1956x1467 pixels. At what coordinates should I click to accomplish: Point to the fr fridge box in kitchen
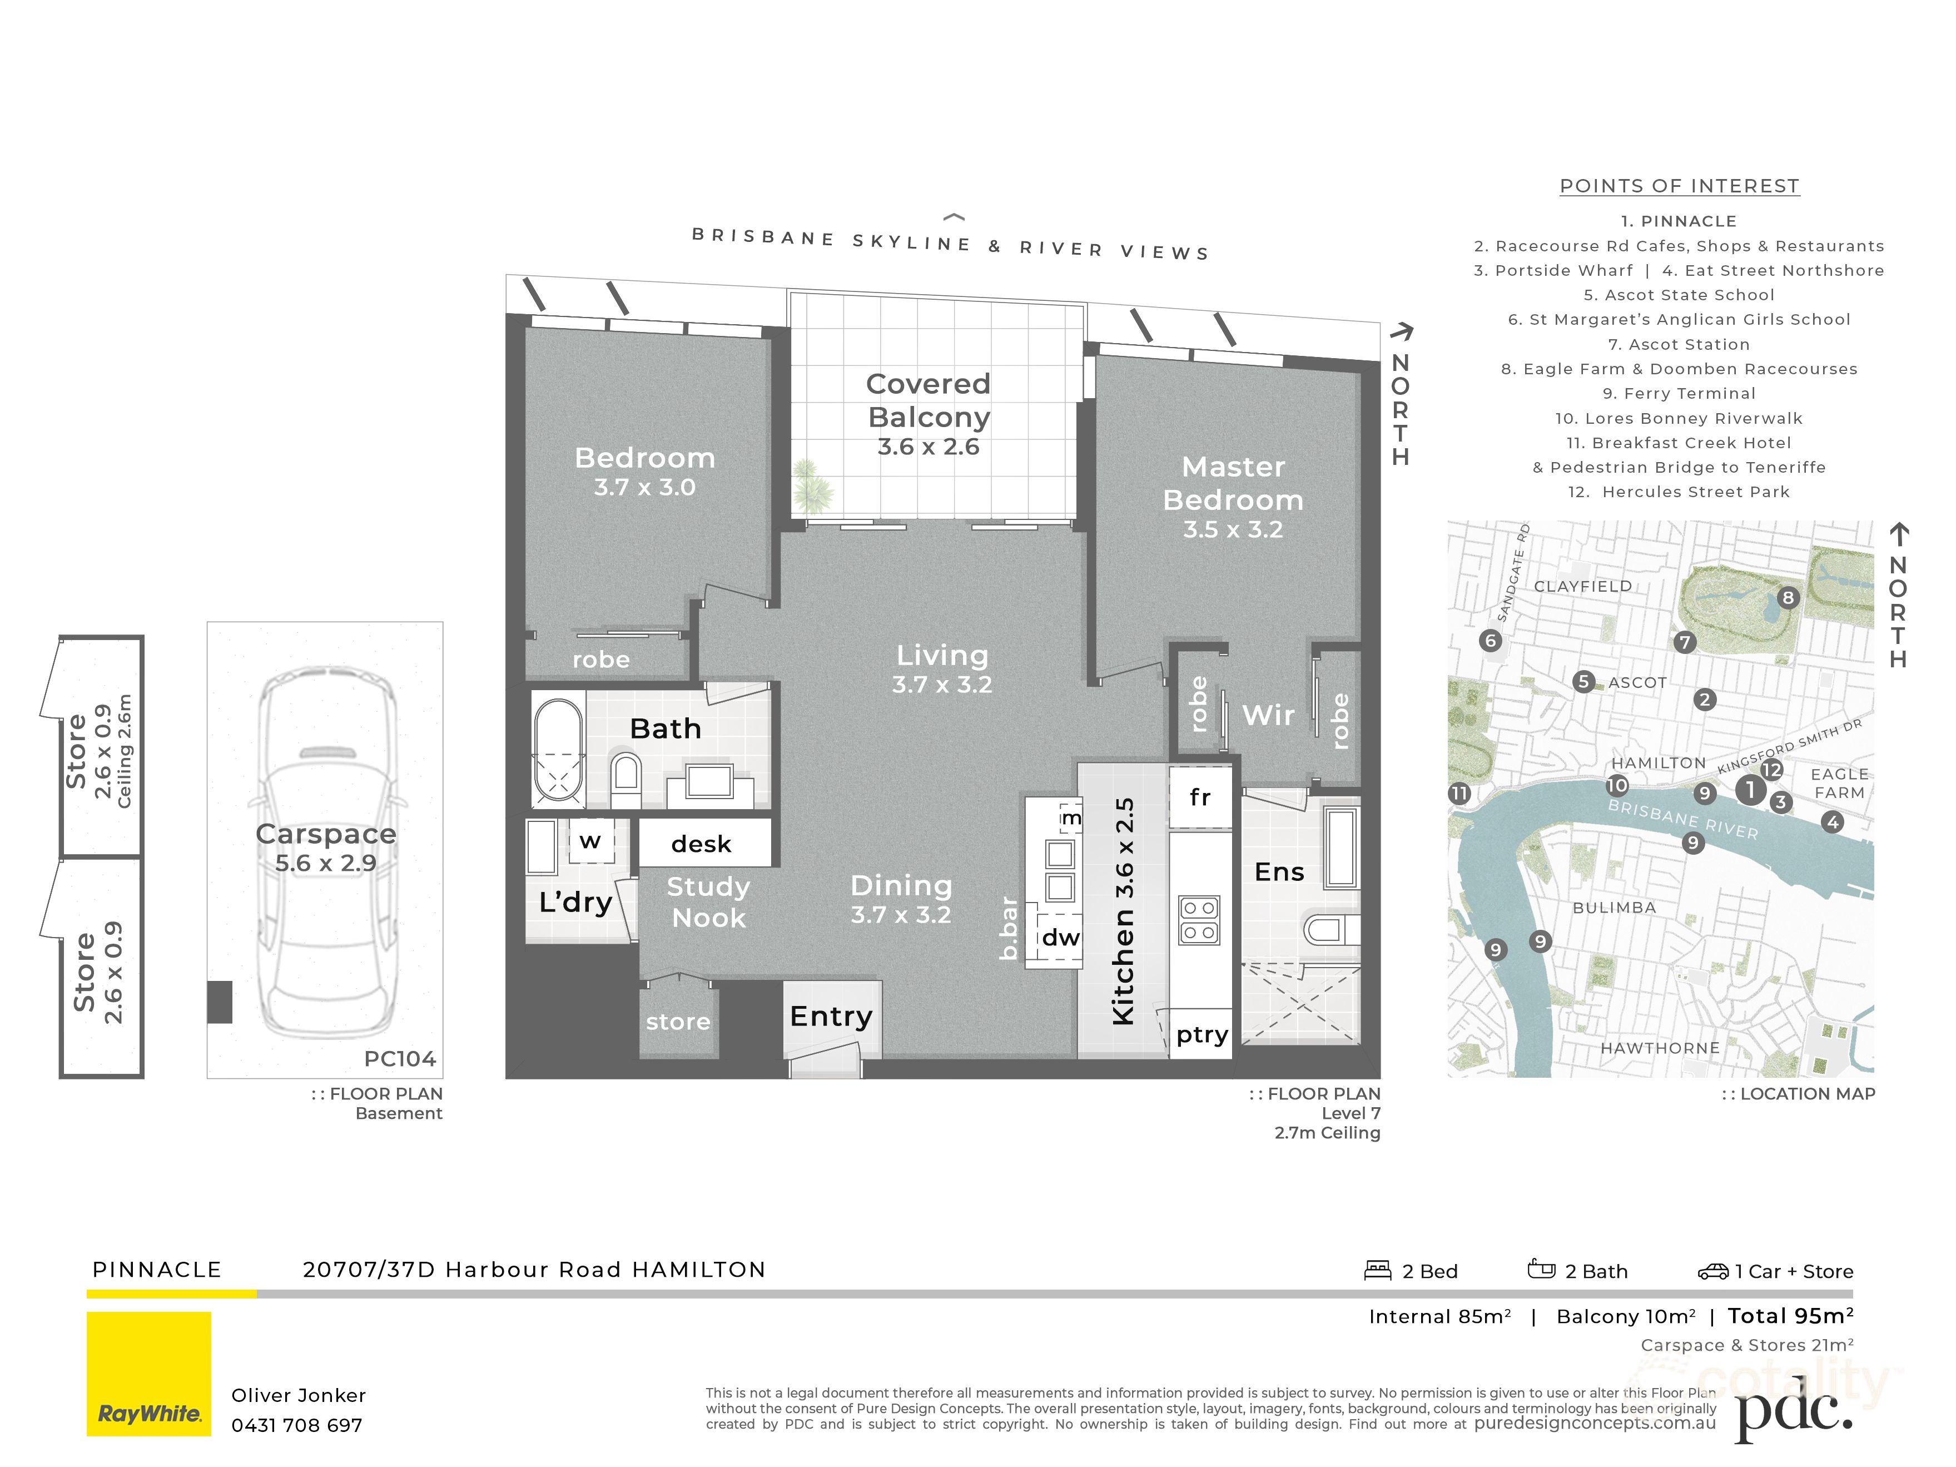pyautogui.click(x=1200, y=797)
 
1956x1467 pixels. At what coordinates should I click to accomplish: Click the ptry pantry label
pyautogui.click(x=1202, y=1034)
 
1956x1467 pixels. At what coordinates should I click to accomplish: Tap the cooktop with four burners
pyautogui.click(x=1200, y=920)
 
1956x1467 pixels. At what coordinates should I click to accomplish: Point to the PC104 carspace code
pyautogui.click(x=400, y=1058)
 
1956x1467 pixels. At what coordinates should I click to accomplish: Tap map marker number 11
pyautogui.click(x=1459, y=793)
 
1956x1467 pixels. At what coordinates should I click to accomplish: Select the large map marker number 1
pyautogui.click(x=1750, y=789)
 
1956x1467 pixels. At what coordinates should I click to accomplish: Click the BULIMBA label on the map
pyautogui.click(x=1614, y=907)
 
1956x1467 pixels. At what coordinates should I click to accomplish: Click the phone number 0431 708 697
pyautogui.click(x=296, y=1425)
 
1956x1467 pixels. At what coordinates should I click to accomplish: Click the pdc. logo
pyautogui.click(x=1793, y=1412)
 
